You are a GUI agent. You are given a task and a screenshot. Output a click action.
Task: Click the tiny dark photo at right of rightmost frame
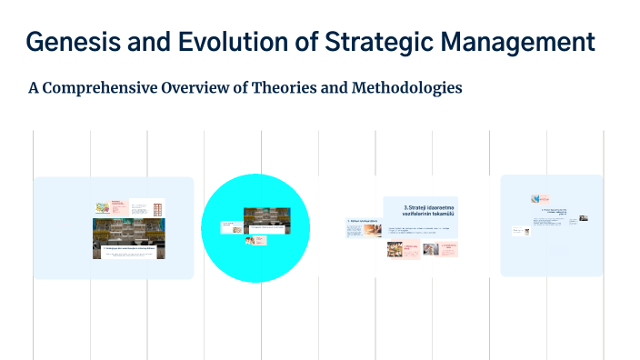pos(583,218)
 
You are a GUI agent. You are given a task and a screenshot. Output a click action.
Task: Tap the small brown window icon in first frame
pos(158,208)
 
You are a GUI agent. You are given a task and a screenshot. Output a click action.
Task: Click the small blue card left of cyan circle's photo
pos(229,225)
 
